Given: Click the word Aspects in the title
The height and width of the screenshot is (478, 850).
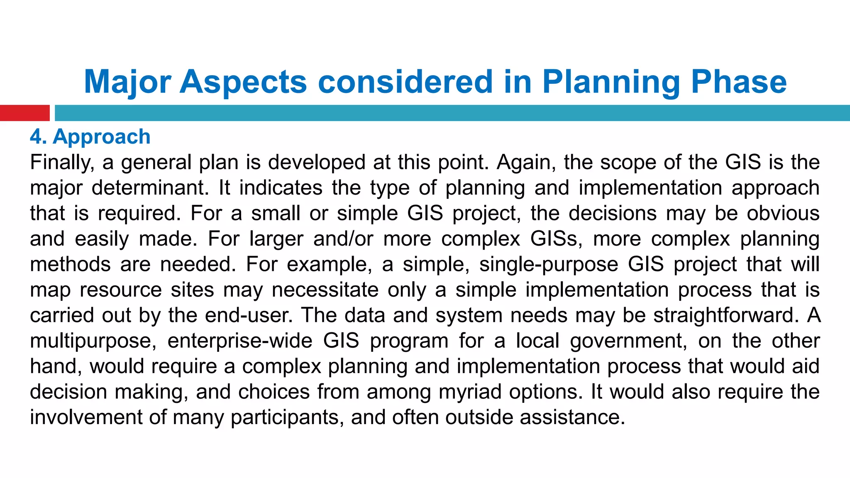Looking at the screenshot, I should [x=243, y=82].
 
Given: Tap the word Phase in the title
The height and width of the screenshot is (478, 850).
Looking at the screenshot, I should [x=739, y=82].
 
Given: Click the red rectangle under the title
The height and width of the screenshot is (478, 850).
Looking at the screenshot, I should [x=24, y=113].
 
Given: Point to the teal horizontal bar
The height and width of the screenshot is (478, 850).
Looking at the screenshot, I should [x=452, y=113].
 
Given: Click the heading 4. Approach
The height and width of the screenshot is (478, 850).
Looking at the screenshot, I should [x=90, y=137].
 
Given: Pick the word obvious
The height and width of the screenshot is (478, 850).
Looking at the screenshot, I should [x=783, y=213].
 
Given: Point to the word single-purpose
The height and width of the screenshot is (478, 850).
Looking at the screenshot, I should [x=549, y=265].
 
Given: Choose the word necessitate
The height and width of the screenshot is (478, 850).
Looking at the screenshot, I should [x=325, y=290].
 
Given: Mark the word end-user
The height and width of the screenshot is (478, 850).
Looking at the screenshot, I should [x=249, y=315].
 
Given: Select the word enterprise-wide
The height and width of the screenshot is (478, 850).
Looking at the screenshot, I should [x=240, y=341].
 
